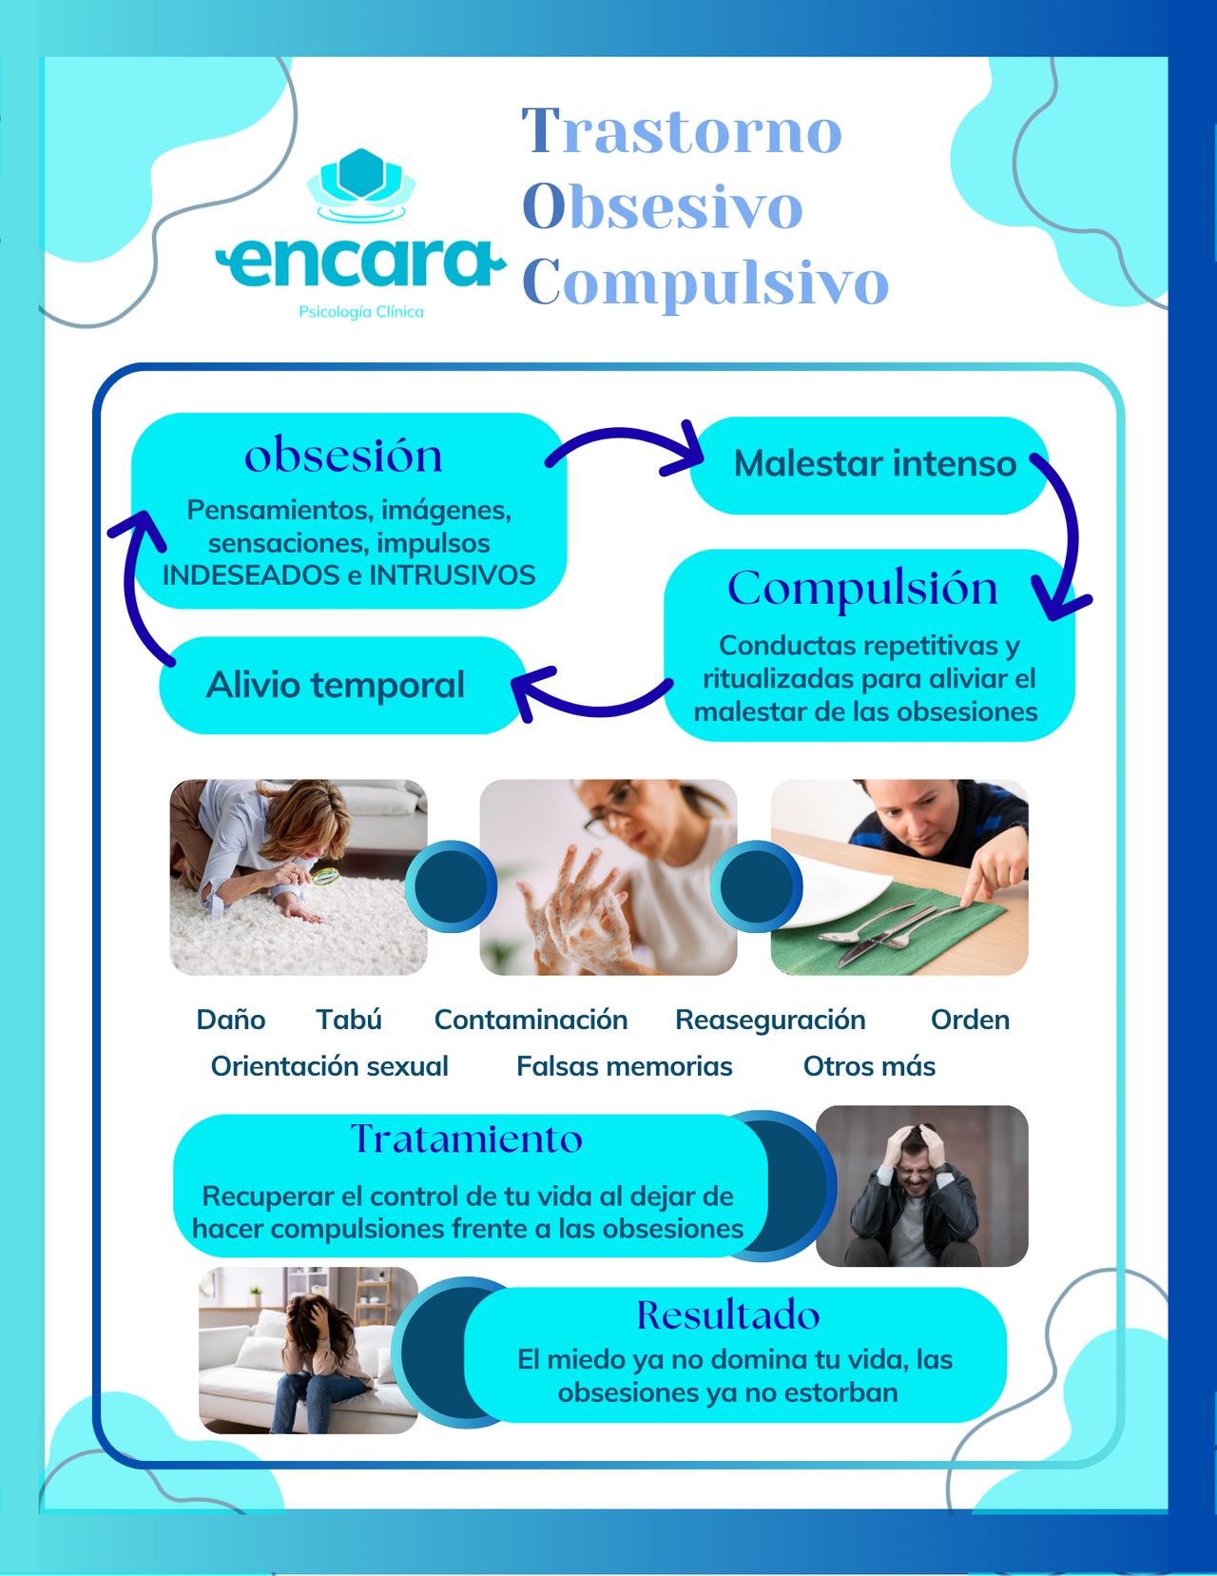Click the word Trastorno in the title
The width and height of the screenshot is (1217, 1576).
(682, 130)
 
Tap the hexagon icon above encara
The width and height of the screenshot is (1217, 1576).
(360, 176)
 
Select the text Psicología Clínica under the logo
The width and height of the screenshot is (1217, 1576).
(360, 312)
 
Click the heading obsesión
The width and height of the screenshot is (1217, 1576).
(343, 455)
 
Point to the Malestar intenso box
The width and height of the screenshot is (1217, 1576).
(873, 464)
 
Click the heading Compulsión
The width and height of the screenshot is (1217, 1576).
(862, 588)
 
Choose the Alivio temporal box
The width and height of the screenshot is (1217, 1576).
(336, 685)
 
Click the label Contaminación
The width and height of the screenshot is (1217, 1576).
(531, 1020)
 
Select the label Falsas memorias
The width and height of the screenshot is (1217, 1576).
(624, 1066)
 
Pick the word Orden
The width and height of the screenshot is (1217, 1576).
(970, 1020)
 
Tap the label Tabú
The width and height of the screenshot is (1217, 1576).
(349, 1020)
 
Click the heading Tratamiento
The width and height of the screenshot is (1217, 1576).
(467, 1138)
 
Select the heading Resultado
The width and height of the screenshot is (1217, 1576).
(728, 1315)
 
